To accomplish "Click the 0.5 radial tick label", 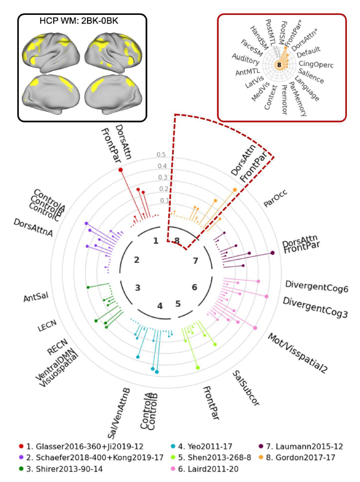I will pyautogui.click(x=161, y=155).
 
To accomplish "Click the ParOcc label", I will pyautogui.click(x=274, y=199).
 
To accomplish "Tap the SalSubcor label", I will pyautogui.click(x=246, y=389).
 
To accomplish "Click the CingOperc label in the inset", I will pyautogui.click(x=317, y=64).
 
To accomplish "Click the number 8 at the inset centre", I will pyautogui.click(x=279, y=65).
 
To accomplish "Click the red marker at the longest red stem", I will pyautogui.click(x=121, y=170).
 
